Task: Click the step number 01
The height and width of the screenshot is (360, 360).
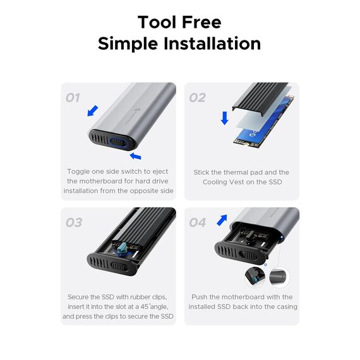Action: coord(73,97)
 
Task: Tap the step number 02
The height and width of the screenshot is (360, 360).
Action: coord(197,97)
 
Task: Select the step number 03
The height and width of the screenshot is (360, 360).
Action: coord(74,222)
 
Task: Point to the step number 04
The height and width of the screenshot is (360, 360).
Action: coord(198,222)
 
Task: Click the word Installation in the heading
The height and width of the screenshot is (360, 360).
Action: coord(212,44)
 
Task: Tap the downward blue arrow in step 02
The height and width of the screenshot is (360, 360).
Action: coord(225,118)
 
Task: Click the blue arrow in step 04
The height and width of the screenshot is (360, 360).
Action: coord(222,220)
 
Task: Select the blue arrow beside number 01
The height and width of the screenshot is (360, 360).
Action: coord(93,111)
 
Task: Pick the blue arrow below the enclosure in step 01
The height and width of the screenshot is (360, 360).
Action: coord(135,157)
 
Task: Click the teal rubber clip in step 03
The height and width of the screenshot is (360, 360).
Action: coord(122,248)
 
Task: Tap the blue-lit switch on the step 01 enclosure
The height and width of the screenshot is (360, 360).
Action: coord(117,143)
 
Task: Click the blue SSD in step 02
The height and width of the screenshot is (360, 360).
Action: coord(264,122)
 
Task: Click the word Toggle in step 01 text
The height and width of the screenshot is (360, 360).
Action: coord(78,172)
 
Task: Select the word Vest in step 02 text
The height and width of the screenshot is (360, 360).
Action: coord(246,182)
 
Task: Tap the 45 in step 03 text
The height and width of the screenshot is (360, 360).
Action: coord(145,307)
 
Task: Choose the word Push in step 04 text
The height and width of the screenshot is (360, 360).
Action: coord(200,297)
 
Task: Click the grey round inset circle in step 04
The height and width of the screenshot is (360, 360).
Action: coord(279,277)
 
